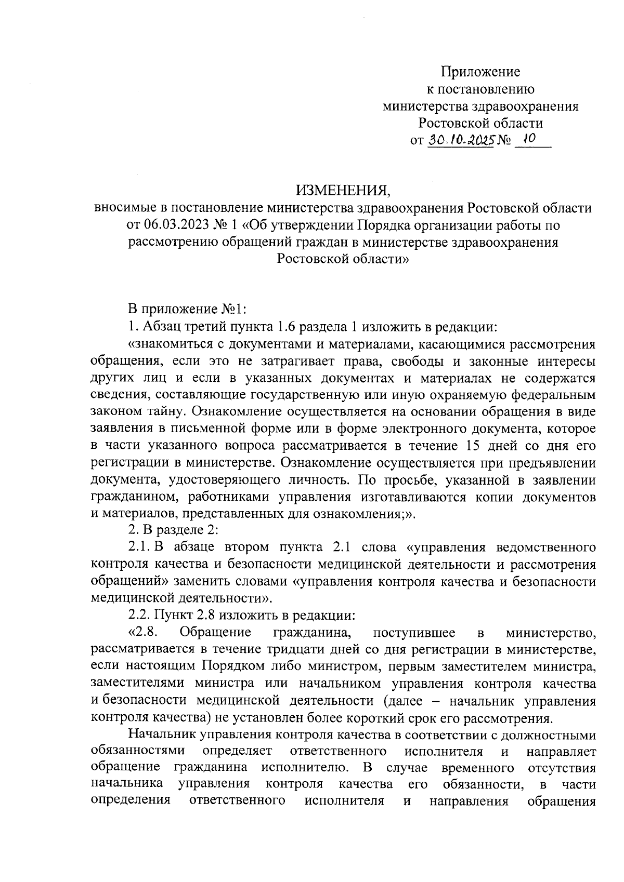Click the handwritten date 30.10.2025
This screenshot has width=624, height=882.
[x=460, y=140]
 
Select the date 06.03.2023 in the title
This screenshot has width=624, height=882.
[x=172, y=225]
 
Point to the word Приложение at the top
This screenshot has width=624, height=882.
[x=481, y=72]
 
